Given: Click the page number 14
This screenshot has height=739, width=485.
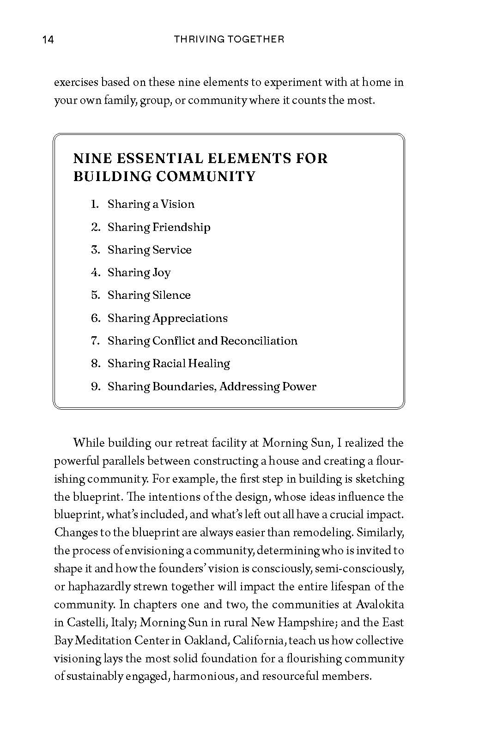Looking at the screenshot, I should [48, 40].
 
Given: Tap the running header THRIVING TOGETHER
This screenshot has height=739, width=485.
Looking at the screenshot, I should [229, 39].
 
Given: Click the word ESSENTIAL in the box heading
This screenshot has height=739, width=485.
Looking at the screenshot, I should [160, 159].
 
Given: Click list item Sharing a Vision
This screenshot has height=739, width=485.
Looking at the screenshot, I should [151, 204].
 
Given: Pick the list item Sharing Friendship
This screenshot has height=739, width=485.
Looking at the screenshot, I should [159, 227].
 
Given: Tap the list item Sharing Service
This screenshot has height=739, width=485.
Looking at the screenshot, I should [149, 250].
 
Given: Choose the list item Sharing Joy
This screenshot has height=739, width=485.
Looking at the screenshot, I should [139, 273].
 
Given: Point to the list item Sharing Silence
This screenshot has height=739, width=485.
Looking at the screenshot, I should [149, 295].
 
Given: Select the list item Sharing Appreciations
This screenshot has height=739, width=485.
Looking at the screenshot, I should [167, 318].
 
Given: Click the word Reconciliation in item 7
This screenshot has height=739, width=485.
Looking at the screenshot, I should [259, 341].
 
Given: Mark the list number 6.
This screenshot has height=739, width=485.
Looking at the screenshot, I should [95, 318].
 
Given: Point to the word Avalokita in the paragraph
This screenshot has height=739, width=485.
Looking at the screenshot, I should [382, 605].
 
